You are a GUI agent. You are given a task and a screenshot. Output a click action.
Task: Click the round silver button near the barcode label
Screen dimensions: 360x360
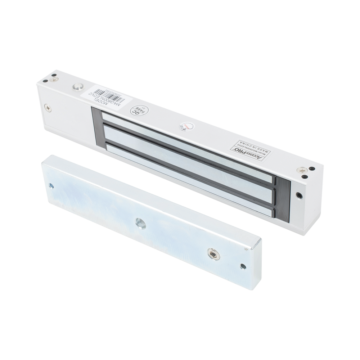click(x=77, y=87)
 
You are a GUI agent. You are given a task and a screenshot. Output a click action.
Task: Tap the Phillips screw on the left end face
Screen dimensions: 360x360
click(x=48, y=107)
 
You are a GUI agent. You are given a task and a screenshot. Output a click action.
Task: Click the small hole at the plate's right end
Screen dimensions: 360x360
click(x=244, y=267)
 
